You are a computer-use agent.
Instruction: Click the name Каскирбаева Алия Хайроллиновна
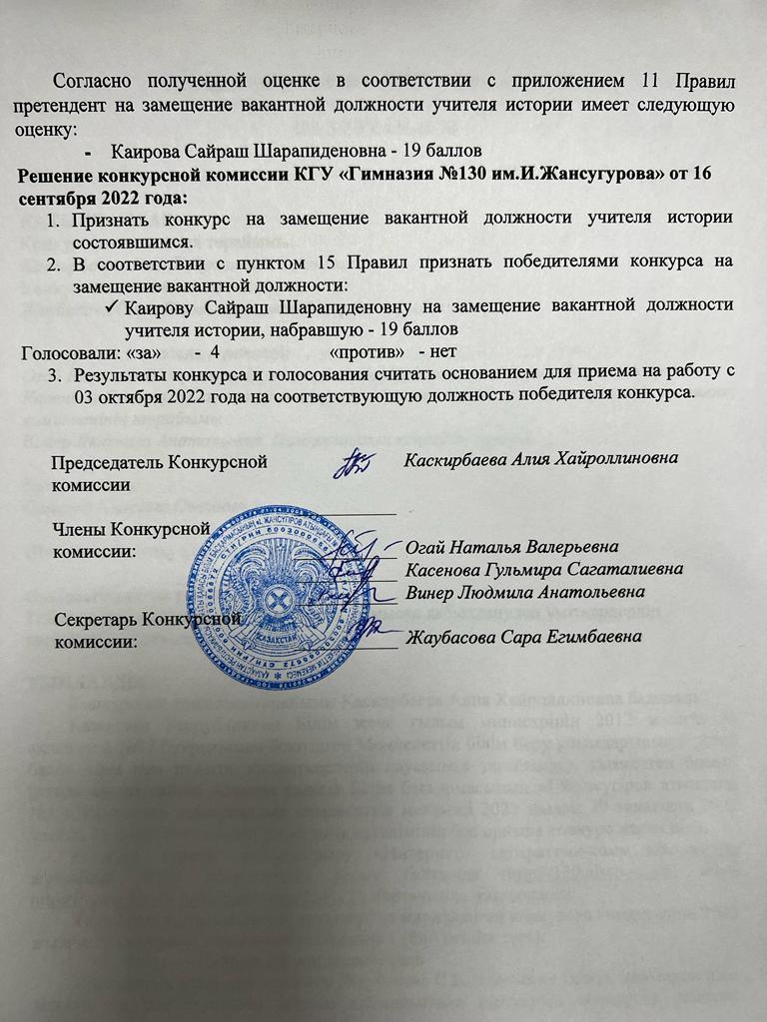tap(542, 458)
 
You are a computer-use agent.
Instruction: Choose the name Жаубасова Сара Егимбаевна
tap(522, 636)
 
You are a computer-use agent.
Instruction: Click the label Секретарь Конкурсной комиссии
tap(149, 629)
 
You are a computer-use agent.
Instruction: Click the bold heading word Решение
tap(62, 173)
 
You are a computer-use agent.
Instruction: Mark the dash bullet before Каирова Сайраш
tap(93, 151)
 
